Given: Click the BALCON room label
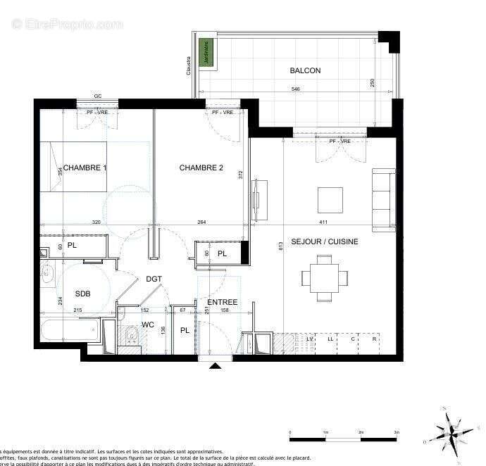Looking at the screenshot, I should click(x=305, y=70).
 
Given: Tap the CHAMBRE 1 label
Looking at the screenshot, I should click(x=85, y=168).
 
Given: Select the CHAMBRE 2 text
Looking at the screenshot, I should click(x=201, y=168).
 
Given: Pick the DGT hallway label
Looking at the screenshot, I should click(x=154, y=279).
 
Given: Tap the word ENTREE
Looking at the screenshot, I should click(x=222, y=302).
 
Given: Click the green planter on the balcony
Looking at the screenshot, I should click(x=207, y=54).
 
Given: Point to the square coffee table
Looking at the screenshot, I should click(x=330, y=200).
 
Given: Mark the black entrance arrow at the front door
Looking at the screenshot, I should click(x=215, y=365).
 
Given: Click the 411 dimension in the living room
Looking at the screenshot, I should click(x=323, y=223).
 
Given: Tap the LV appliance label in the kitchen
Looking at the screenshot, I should click(x=309, y=339).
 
